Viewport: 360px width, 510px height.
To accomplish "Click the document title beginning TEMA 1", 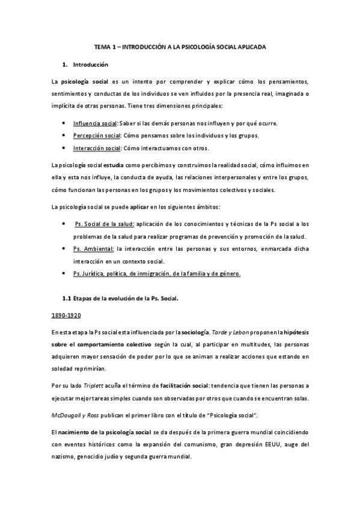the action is click(180, 46).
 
